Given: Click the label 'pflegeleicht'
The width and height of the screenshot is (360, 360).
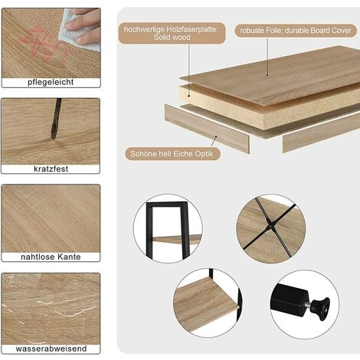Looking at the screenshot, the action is tap(51, 82).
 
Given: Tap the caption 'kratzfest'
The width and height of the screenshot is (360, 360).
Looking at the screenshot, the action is tap(51, 169).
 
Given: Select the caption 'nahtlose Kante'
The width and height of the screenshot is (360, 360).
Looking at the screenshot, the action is tap(51, 257).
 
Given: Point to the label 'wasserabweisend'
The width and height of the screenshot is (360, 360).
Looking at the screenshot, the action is tap(51, 349).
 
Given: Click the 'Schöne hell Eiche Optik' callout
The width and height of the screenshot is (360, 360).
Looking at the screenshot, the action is tap(172, 154).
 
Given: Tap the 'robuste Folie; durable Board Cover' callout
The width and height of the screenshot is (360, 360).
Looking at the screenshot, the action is tap(296, 31).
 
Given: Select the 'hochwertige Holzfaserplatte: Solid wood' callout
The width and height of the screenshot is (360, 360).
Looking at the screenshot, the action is tap(172, 33).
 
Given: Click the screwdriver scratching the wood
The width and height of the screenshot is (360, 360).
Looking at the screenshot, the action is tap(56, 119).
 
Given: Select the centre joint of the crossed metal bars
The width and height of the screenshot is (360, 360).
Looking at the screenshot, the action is tap(270, 227).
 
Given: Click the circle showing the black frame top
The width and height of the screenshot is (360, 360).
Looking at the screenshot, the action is tap(168, 228).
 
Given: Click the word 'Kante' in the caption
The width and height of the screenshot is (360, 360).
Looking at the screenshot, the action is tap(69, 257).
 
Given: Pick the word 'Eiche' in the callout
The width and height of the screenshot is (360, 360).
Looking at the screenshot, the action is tap(183, 154).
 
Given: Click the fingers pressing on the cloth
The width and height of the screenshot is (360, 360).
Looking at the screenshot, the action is tap(84, 25).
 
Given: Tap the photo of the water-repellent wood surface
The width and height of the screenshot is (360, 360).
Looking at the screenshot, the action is tap(51, 309).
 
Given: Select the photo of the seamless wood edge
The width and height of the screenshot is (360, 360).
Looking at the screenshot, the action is tap(51, 219).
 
